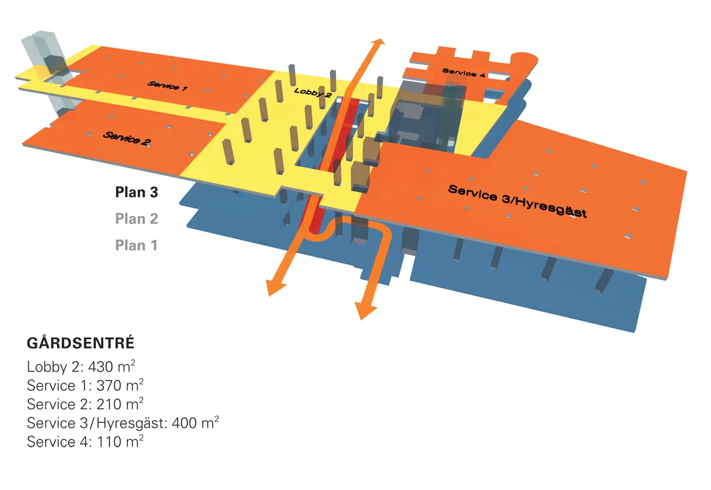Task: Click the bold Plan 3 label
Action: point(137,192)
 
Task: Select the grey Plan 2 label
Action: point(137,218)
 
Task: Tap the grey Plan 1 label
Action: point(136,245)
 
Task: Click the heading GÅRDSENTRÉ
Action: point(81,343)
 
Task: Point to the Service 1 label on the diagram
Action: point(167,86)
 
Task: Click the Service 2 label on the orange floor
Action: point(127,138)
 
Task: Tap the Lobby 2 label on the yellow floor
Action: point(313,93)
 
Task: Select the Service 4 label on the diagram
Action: point(464,73)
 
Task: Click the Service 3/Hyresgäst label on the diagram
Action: point(518,201)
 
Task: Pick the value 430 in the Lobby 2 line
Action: point(100,367)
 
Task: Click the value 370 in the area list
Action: point(109,386)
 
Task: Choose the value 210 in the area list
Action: point(109,404)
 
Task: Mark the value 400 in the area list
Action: point(184,423)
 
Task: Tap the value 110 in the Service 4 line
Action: point(109,442)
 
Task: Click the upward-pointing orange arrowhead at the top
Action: point(378,43)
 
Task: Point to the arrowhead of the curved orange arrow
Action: point(365,310)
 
